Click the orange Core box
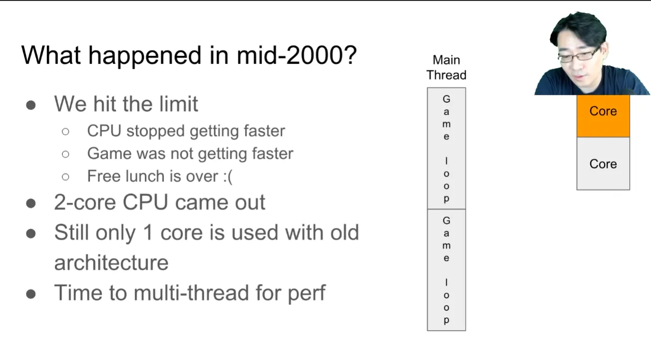[603, 116]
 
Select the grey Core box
[603, 163]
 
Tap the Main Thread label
[446, 67]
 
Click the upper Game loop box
[446, 148]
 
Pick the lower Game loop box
[446, 270]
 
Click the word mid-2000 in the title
[297, 55]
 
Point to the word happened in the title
[145, 56]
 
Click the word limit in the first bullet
[179, 104]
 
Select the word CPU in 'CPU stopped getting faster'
[104, 131]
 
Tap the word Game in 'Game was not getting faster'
[109, 153]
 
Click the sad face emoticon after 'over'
[228, 177]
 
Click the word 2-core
[85, 202]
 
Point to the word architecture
[111, 263]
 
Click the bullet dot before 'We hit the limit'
[31, 105]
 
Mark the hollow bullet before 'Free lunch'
[66, 177]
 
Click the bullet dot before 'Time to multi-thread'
[31, 294]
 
